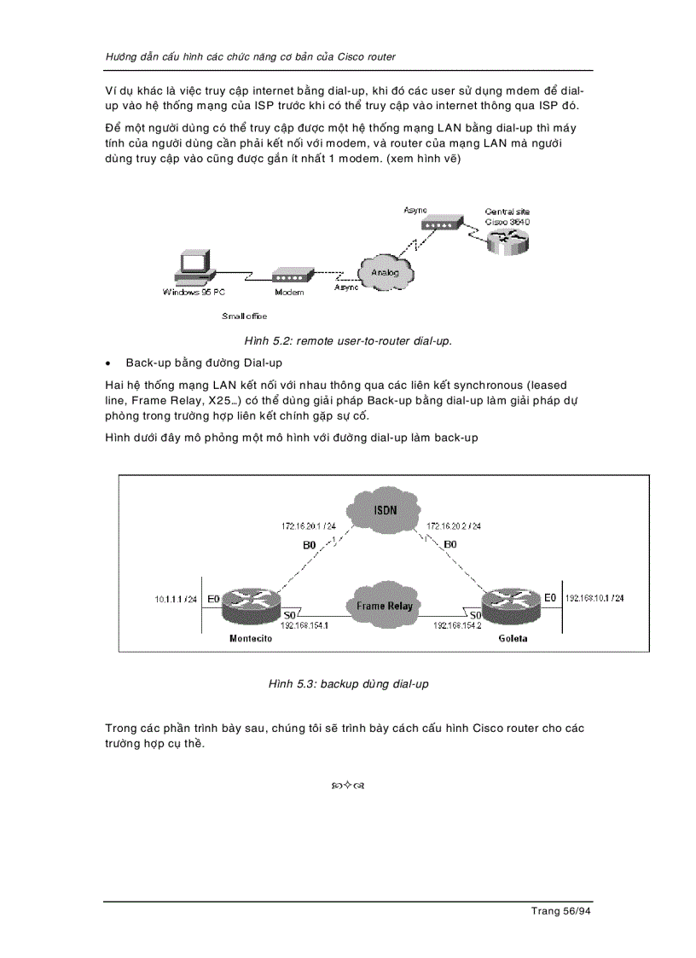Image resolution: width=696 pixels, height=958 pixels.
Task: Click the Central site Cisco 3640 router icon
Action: [x=508, y=239]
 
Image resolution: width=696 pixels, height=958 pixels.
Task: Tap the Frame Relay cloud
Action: [x=384, y=606]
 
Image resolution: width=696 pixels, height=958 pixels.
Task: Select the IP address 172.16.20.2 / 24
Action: [x=453, y=526]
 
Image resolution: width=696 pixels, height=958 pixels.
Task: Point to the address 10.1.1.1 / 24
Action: [x=176, y=599]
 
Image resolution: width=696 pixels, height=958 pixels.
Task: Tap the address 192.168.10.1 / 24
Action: [x=594, y=599]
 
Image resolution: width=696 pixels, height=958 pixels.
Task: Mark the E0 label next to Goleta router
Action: [x=550, y=598]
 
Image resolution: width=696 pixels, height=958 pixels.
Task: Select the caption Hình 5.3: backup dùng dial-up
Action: [x=348, y=684]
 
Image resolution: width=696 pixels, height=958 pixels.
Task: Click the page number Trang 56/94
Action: [x=560, y=911]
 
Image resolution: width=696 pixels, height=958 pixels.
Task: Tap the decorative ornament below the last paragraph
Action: [x=348, y=785]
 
